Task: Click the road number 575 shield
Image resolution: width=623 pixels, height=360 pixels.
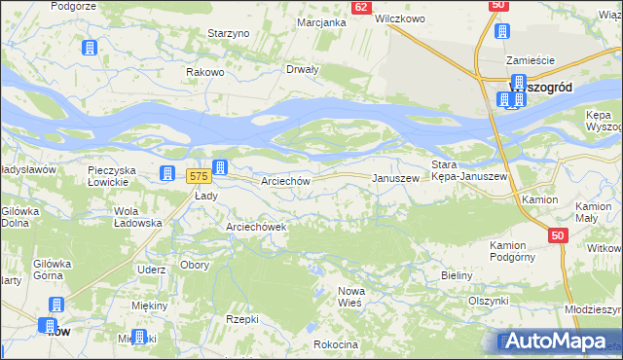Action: click(x=198, y=176)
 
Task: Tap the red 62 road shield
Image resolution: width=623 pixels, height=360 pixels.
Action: click(x=361, y=7)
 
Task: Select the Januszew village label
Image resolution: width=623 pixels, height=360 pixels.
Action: click(x=396, y=178)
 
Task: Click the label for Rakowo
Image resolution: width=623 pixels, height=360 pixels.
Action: click(x=206, y=71)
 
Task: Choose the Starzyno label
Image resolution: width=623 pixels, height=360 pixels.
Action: click(x=230, y=32)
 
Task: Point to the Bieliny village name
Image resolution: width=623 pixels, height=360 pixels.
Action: click(x=456, y=276)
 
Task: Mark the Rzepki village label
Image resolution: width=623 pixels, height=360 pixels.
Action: click(x=241, y=318)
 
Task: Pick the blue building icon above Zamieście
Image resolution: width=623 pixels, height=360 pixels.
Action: click(x=502, y=30)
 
